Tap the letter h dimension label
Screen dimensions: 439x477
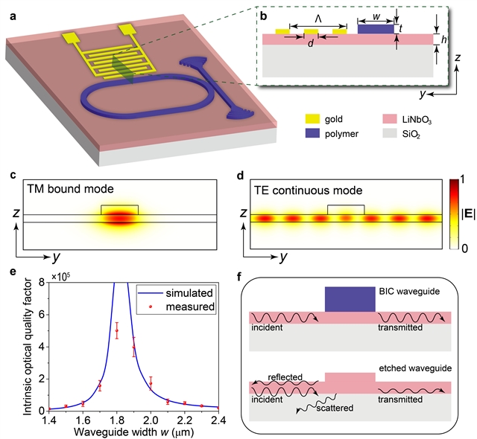[444, 39]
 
